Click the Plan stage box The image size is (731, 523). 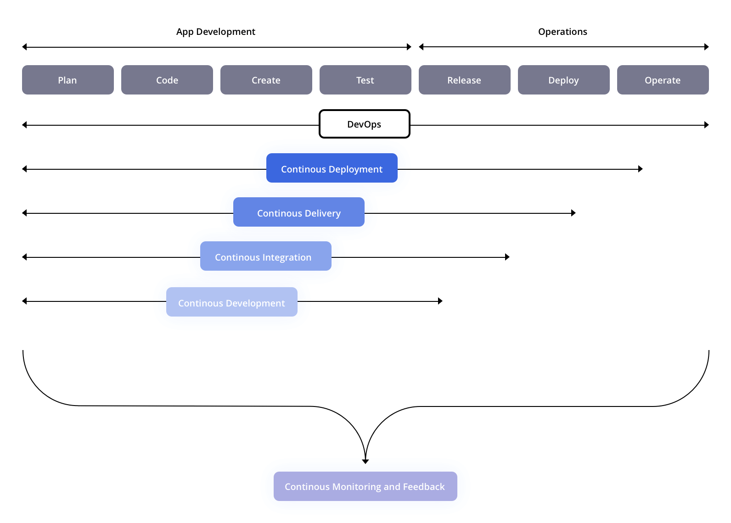point(68,80)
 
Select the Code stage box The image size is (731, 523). point(167,80)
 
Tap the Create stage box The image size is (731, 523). point(266,80)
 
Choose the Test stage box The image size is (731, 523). point(365,80)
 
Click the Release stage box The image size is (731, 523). point(465,80)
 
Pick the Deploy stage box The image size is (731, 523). point(564,80)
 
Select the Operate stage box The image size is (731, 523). point(663,80)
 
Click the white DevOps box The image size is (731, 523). point(365,124)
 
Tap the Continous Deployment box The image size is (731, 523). point(332,168)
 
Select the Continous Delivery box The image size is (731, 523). point(299,212)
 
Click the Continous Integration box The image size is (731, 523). point(266,256)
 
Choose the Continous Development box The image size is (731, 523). point(232,302)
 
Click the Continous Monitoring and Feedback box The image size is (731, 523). point(365,486)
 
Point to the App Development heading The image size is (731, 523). point(216,32)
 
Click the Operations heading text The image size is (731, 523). point(562,32)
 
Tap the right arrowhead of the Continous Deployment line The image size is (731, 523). point(641,169)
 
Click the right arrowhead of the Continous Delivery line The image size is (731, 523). point(574,213)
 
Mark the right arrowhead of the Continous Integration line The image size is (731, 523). point(507,257)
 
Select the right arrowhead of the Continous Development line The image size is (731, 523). point(440,301)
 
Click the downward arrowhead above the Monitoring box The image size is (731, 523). point(365,461)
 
